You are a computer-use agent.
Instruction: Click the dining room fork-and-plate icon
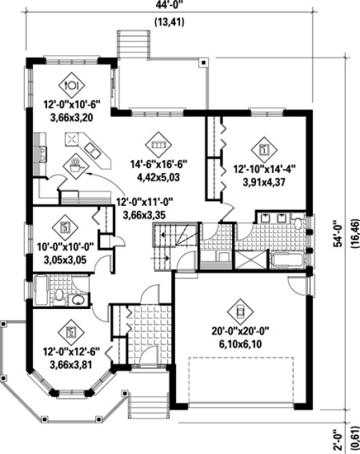coord(72,85)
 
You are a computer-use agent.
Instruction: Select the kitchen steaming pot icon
coord(74,164)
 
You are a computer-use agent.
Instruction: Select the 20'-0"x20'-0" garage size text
coord(240,330)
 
